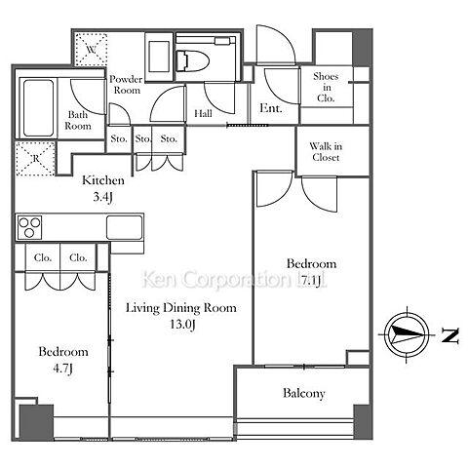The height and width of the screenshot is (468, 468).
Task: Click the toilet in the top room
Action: [192, 60]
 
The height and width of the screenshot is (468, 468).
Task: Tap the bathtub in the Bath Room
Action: [38, 108]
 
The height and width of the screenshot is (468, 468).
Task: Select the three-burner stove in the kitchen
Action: [29, 227]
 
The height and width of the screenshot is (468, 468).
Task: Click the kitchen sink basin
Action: [125, 227]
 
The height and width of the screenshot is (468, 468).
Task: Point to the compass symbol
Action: [407, 334]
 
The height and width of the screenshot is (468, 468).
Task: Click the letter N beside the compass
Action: [450, 335]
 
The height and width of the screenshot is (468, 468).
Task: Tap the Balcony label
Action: [304, 393]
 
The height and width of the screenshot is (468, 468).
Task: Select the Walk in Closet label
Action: [326, 152]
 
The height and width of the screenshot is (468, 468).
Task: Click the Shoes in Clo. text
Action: [326, 87]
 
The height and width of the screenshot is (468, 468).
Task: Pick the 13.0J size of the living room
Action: [182, 325]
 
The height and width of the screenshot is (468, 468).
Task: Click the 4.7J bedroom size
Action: [62, 369]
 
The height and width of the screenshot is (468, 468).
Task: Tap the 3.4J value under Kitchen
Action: [102, 197]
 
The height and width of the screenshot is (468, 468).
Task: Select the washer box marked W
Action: [92, 50]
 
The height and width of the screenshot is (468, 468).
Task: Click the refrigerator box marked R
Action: [35, 159]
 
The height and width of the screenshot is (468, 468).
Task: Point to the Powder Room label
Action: [126, 85]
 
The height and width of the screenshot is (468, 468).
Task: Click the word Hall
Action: [204, 113]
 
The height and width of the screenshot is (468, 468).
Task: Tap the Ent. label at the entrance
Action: [271, 108]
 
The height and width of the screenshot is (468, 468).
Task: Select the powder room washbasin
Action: [159, 57]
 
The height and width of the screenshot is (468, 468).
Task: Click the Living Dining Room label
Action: [181, 308]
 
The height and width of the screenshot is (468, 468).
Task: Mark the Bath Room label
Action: [78, 120]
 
